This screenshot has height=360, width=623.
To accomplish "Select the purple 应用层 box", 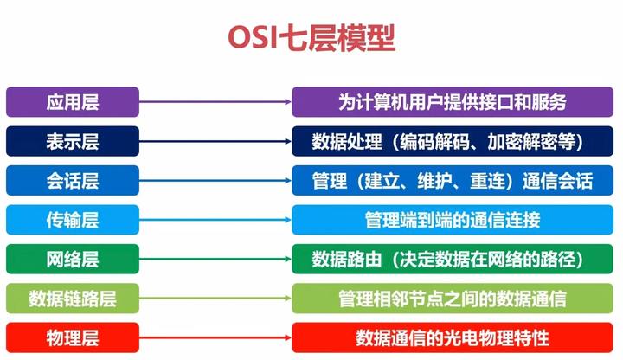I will tap(73, 102).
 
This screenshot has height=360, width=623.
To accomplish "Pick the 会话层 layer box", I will tap(73, 181).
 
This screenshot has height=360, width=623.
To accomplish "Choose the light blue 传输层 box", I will tap(73, 220).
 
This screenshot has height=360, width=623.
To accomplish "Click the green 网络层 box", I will tap(73, 259).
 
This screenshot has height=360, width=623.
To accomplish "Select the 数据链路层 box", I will tap(73, 299).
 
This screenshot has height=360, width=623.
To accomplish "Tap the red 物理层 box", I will tap(73, 337).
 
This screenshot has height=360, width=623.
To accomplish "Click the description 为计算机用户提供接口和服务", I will tap(452, 102).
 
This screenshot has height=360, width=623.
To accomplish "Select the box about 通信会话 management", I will tap(452, 181).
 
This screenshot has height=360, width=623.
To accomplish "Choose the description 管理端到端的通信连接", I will tap(452, 220).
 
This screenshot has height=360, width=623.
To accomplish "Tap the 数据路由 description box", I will tap(452, 259).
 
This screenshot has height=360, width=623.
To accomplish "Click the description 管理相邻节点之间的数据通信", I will tap(452, 299).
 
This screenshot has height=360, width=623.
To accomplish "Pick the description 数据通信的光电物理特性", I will tap(452, 337).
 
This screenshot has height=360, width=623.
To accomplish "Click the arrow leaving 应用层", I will tap(215, 102).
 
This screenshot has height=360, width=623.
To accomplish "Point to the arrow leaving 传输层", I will tap(215, 220).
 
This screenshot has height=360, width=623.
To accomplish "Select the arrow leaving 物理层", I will tap(215, 337).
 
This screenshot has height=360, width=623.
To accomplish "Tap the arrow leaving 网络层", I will tap(215, 259).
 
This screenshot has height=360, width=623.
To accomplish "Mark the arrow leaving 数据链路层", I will tap(215, 299).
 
